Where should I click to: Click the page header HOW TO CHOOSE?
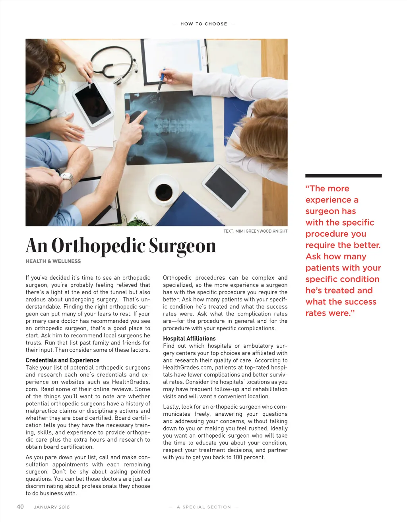tap(203, 24)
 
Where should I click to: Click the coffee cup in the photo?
tap(163, 191)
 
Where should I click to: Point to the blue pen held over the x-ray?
tap(161, 81)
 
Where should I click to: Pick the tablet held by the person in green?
tap(93, 102)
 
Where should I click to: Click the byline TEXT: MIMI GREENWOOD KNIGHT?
tap(255, 231)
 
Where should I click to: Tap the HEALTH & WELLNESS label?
tap(53, 261)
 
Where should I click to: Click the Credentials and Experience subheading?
tap(62, 360)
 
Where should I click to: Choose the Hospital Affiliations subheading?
tap(189, 339)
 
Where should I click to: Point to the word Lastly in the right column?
tap(171, 407)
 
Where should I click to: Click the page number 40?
tap(20, 506)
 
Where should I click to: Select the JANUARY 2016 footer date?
tap(52, 507)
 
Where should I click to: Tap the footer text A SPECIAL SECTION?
tap(203, 507)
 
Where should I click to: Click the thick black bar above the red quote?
tap(343, 175)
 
